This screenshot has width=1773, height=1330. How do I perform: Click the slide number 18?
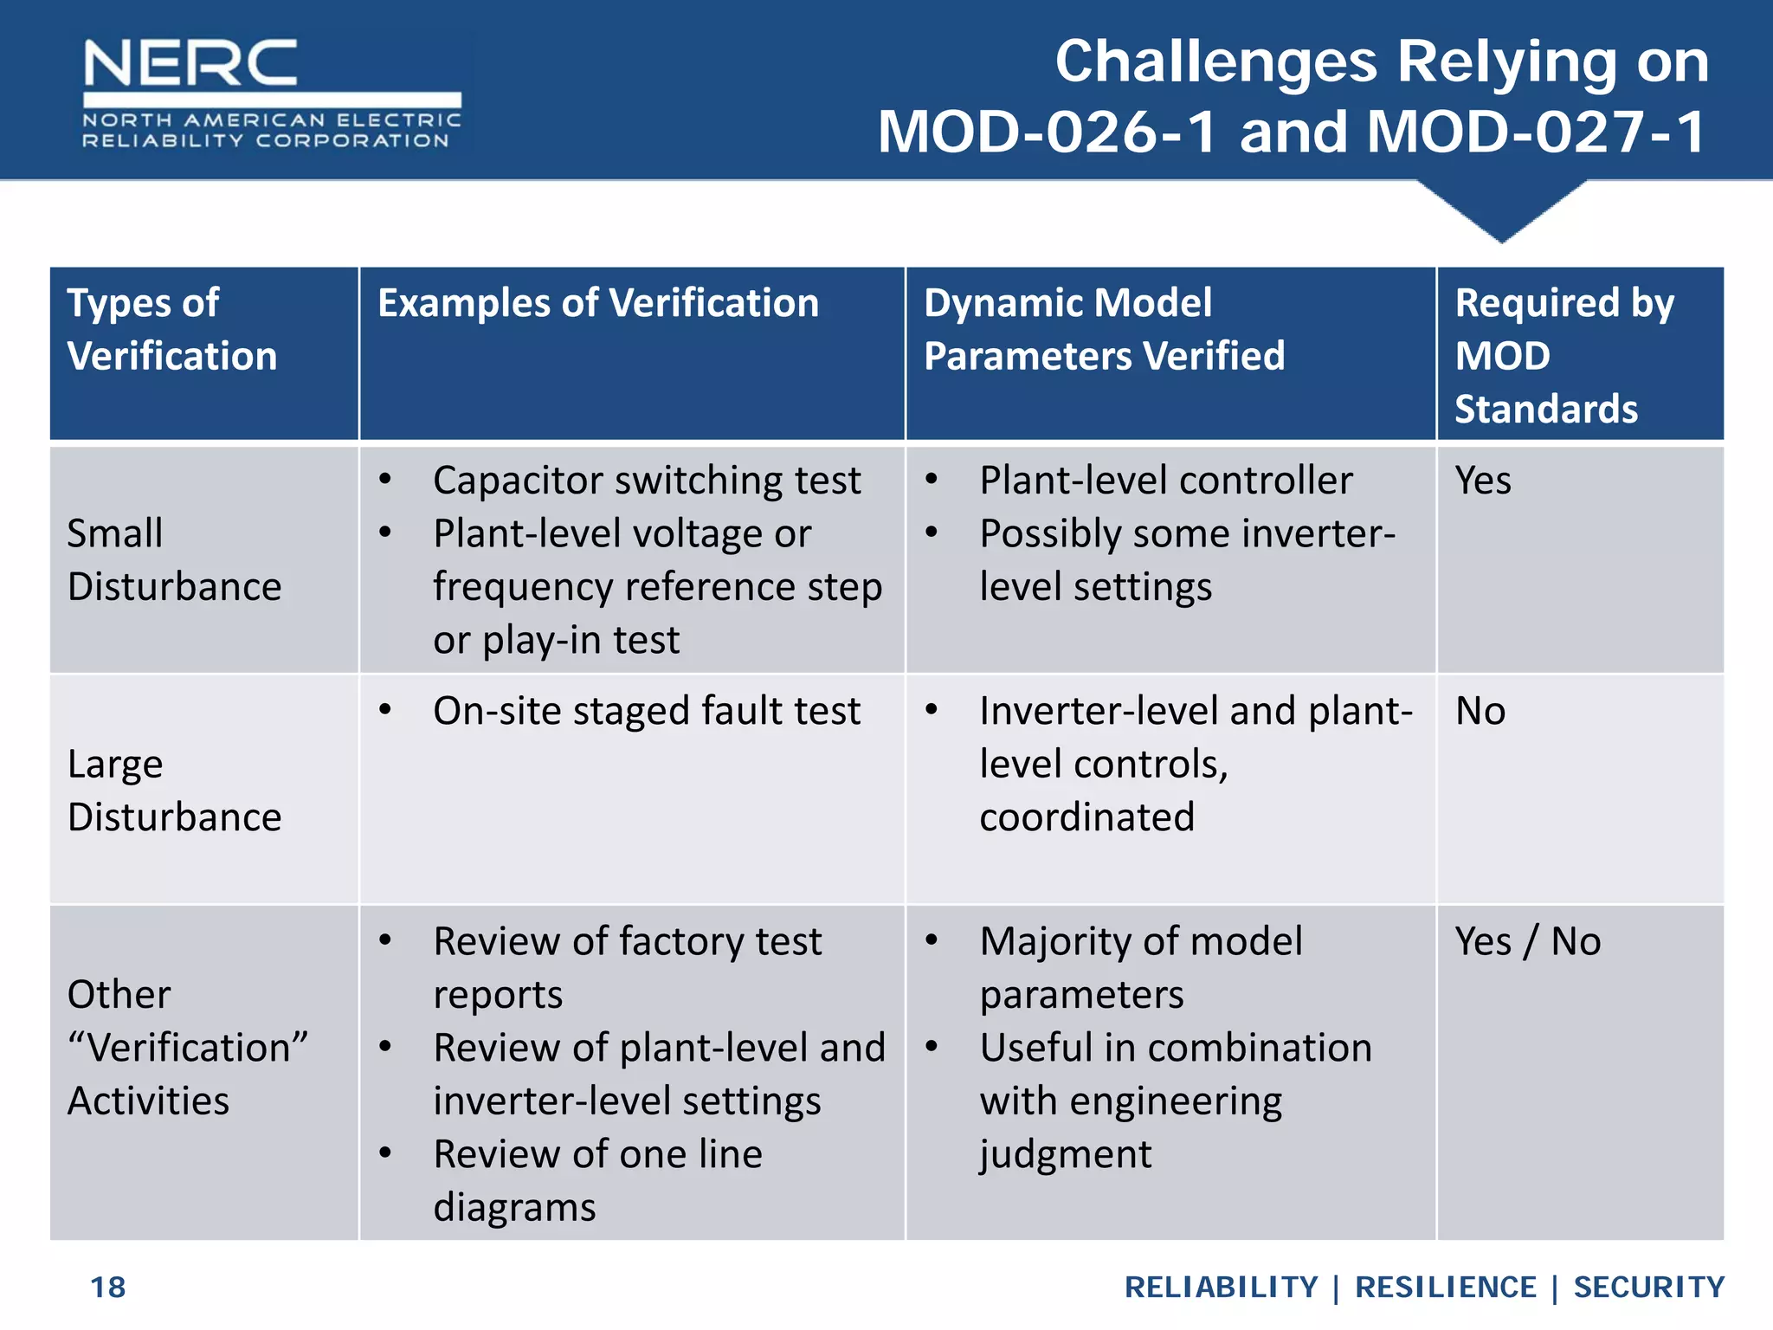tap(108, 1288)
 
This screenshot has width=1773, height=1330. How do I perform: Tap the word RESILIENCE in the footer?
tap(1445, 1288)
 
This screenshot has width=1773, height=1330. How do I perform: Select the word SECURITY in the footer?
tap(1648, 1288)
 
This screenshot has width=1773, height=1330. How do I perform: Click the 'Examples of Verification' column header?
tap(598, 304)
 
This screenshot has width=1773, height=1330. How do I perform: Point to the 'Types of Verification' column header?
tap(171, 330)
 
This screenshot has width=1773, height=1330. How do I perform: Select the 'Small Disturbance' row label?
tap(174, 560)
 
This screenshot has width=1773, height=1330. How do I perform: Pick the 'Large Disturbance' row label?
tap(174, 791)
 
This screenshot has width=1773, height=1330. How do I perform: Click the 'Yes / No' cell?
tap(1527, 941)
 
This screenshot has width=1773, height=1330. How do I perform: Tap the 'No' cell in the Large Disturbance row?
tap(1480, 711)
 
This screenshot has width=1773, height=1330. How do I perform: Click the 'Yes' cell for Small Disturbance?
tap(1483, 481)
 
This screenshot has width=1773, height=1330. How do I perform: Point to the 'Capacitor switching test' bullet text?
tap(647, 481)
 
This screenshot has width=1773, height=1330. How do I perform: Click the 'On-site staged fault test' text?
tap(647, 711)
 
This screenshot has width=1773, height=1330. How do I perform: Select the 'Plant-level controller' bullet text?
tap(1165, 481)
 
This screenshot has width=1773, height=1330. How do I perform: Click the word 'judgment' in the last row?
tap(1066, 1155)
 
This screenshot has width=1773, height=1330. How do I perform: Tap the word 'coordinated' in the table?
tap(1086, 817)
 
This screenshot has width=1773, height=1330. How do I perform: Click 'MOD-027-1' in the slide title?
tap(1536, 132)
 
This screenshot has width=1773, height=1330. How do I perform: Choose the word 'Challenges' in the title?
tap(1215, 62)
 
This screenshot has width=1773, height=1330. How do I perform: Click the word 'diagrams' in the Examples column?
tap(514, 1208)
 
